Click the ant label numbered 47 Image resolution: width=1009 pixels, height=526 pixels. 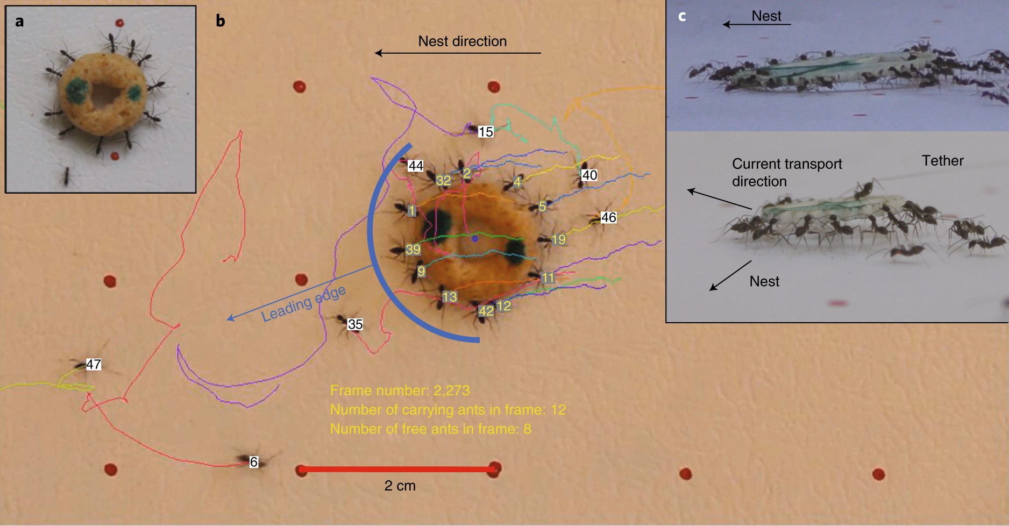tap(94, 364)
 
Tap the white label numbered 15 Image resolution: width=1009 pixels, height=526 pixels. tap(486, 132)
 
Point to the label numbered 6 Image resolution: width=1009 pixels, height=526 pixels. tap(254, 462)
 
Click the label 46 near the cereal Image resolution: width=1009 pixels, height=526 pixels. tap(608, 217)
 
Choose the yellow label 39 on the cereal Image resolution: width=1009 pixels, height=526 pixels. tap(413, 250)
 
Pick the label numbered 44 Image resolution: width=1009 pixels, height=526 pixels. tap(415, 166)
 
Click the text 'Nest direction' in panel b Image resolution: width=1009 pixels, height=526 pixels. tap(462, 41)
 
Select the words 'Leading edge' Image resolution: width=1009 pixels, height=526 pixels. tap(303, 304)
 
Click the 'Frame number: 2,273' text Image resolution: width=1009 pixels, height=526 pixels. tap(400, 390)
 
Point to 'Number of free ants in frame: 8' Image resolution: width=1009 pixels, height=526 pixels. tap(430, 429)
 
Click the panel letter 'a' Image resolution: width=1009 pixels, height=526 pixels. tap(19, 22)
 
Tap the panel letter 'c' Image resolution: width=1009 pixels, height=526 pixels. tap(682, 16)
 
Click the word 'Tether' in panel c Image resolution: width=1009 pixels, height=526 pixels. tap(942, 161)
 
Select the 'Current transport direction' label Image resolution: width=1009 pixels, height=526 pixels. tap(786, 172)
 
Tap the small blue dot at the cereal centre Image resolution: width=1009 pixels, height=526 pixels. tap(474, 238)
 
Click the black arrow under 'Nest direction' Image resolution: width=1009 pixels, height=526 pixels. tap(457, 53)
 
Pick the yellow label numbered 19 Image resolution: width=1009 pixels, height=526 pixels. tap(558, 239)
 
